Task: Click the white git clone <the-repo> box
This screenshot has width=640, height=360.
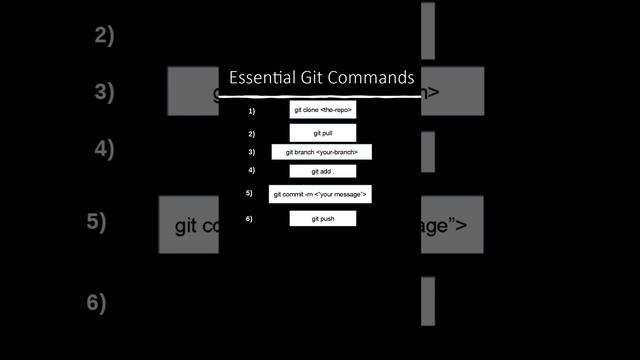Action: (x=323, y=110)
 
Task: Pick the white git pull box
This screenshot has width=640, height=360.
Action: (x=323, y=132)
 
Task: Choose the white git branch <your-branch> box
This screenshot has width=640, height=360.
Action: (x=322, y=152)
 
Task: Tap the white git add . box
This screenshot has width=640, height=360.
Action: (x=322, y=171)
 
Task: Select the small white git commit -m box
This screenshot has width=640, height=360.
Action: (x=320, y=193)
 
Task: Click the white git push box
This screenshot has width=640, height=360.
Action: (x=322, y=218)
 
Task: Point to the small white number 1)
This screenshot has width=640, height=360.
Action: (x=251, y=111)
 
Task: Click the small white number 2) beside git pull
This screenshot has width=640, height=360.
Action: (x=251, y=133)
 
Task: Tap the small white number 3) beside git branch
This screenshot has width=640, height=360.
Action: (x=251, y=152)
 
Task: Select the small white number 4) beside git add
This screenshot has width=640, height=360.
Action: (x=251, y=170)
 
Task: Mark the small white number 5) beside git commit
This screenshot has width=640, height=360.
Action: (x=249, y=193)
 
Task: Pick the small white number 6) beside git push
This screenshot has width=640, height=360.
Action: (x=249, y=218)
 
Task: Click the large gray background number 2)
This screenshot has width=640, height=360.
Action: (x=105, y=36)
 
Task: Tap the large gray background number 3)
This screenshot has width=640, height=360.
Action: (x=105, y=92)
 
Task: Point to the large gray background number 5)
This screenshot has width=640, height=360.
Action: (x=97, y=222)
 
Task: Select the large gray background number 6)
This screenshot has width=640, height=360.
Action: (x=97, y=302)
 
